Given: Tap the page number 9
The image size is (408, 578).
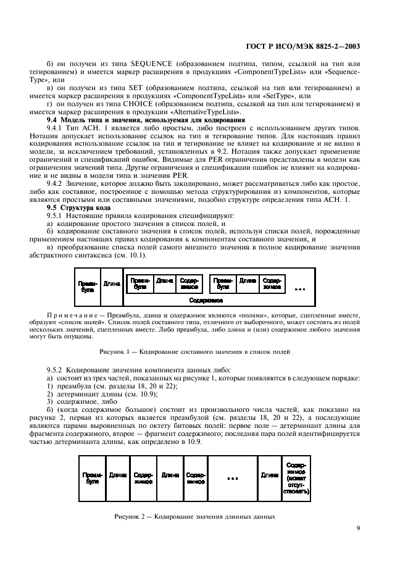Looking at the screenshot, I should point(359,527).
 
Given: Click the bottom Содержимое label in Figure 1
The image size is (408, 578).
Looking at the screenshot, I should point(206,299).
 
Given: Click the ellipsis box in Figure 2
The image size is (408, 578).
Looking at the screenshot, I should point(232,479).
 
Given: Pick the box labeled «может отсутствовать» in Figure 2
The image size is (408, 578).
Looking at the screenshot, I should point(296,478).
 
